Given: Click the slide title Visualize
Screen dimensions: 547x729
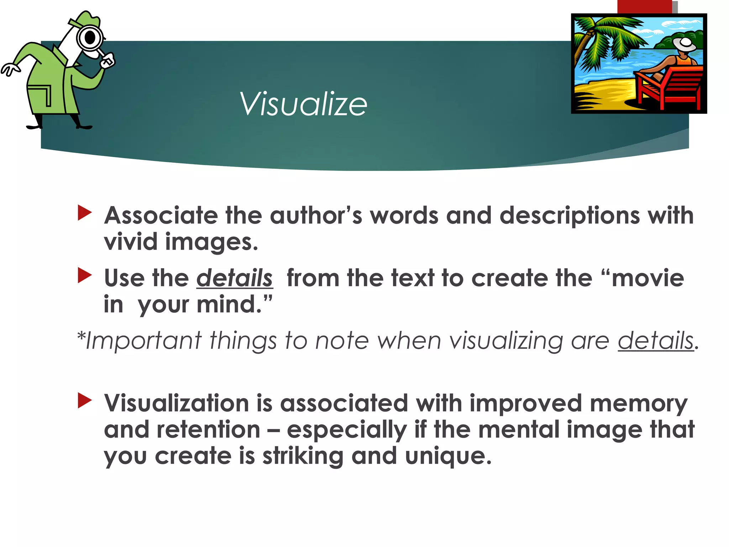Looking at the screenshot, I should [303, 104].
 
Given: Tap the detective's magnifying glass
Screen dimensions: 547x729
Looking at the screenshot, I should [89, 38].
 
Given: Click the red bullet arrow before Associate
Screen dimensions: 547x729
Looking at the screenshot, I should [85, 213].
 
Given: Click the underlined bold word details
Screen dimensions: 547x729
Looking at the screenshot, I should [235, 278].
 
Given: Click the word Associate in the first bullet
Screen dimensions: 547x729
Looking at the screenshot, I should [161, 216].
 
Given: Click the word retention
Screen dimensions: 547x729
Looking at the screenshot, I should [209, 429].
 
